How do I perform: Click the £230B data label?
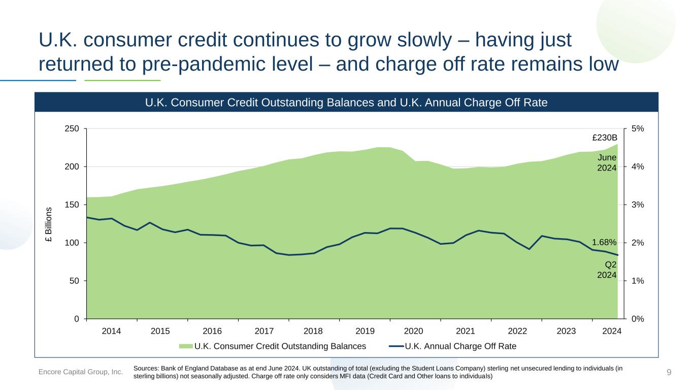[605, 138]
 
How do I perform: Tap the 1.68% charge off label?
[604, 242]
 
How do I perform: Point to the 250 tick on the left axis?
[72, 128]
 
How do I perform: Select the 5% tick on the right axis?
[638, 128]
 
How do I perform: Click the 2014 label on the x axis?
[111, 331]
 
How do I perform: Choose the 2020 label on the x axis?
[413, 331]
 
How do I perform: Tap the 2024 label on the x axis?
[612, 331]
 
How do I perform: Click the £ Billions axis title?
[49, 224]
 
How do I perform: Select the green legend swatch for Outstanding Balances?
[186, 346]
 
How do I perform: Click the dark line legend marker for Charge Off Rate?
[397, 346]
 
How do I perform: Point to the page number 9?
[669, 372]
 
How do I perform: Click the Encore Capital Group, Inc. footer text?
[80, 372]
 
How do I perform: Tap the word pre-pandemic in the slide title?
[227, 64]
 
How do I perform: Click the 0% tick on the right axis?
[638, 319]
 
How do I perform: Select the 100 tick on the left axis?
[72, 243]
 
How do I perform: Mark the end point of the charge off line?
[617, 255]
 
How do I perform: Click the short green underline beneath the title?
[122, 80]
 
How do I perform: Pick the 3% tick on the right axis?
[638, 205]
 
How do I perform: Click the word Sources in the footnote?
[146, 368]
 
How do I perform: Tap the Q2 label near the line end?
[610, 265]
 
